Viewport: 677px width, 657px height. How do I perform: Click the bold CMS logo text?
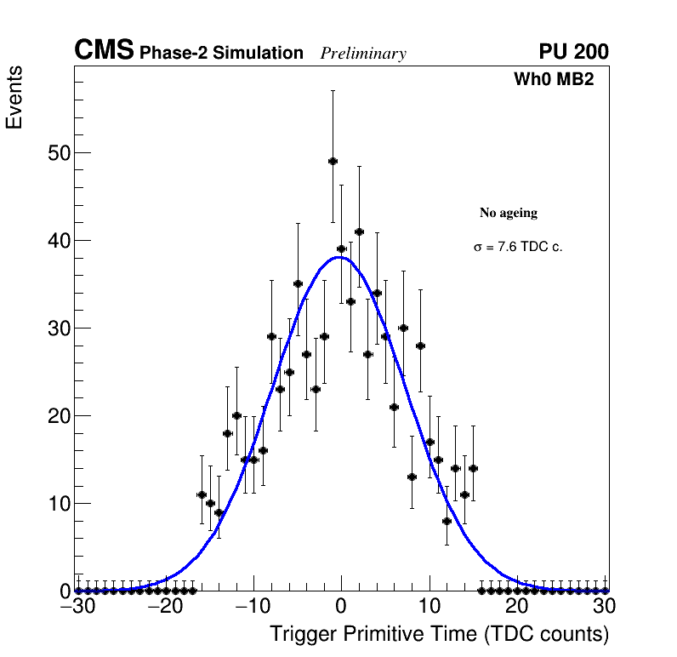tap(104, 51)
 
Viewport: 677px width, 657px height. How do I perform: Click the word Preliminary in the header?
tap(363, 54)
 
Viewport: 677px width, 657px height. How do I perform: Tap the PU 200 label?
tap(573, 52)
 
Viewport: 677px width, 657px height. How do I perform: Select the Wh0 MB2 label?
tap(553, 80)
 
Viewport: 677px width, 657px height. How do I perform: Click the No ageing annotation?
tap(509, 213)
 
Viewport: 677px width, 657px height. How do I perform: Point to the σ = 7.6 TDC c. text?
tap(518, 247)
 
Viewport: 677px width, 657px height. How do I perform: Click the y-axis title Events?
tap(14, 98)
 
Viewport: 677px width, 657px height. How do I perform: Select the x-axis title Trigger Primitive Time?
tap(439, 634)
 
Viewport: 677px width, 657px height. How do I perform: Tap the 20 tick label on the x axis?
tap(516, 607)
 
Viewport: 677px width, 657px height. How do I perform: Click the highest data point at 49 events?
tap(333, 161)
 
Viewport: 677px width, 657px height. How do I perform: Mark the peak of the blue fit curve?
tap(340, 257)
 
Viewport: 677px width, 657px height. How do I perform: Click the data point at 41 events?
tap(359, 231)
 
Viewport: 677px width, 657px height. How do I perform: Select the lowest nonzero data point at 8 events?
tap(447, 521)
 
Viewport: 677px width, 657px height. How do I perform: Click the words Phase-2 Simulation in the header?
tap(221, 54)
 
